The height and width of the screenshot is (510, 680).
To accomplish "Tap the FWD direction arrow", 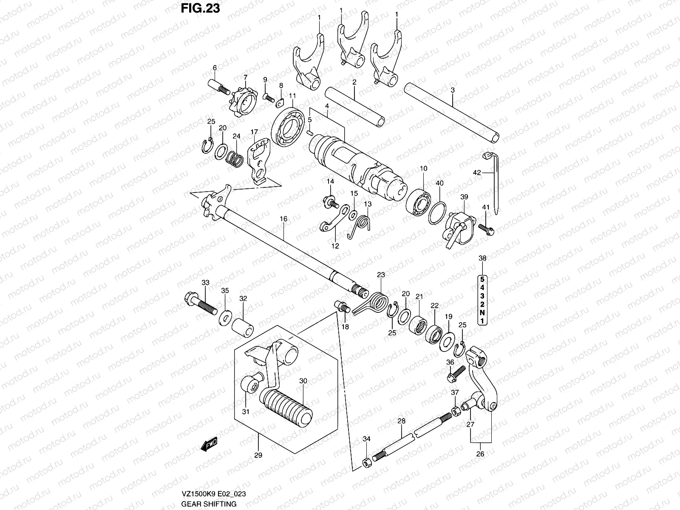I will (210, 445).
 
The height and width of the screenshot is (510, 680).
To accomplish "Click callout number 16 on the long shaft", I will (283, 219).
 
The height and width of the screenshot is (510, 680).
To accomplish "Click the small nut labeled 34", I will (366, 462).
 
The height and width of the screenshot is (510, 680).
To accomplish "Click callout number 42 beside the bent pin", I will (477, 173).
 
